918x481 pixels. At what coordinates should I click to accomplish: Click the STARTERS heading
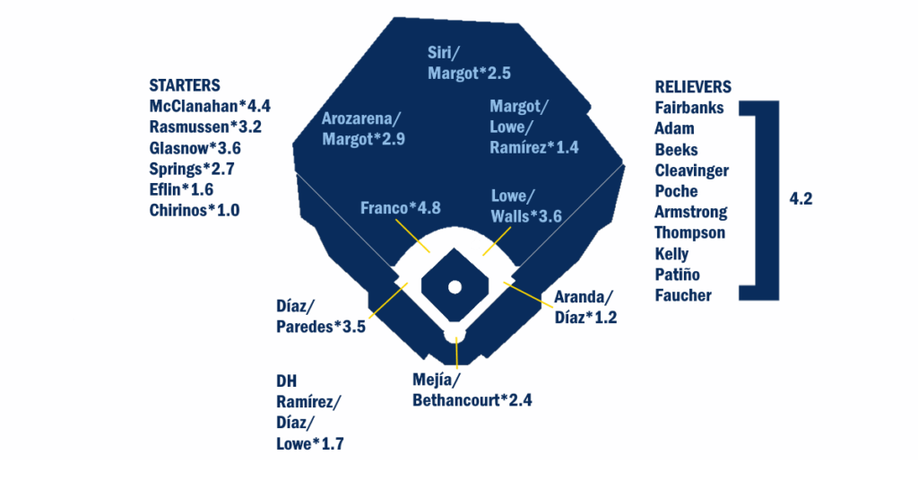click(x=185, y=85)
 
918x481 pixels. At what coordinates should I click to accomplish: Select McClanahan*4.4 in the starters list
click(x=210, y=106)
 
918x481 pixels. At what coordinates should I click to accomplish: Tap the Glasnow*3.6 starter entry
click(x=195, y=148)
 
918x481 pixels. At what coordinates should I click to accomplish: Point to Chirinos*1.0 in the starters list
click(x=195, y=210)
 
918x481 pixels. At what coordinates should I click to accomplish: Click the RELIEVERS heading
click(x=693, y=87)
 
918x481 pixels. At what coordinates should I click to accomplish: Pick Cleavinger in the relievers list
click(x=691, y=171)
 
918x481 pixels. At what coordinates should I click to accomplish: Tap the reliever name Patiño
click(x=677, y=275)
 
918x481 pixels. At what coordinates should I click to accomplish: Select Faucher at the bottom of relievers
click(x=683, y=295)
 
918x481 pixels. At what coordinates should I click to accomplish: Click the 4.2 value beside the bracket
click(x=801, y=198)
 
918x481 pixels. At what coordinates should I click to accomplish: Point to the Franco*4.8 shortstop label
click(x=401, y=208)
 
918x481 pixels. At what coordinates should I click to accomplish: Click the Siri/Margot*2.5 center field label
click(x=469, y=63)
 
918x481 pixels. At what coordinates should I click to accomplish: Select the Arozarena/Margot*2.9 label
click(x=363, y=129)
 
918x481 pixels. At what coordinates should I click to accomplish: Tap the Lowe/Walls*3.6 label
click(x=526, y=206)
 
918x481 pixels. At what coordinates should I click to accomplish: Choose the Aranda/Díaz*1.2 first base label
click(x=585, y=307)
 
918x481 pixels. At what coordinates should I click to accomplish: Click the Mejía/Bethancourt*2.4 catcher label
click(x=472, y=390)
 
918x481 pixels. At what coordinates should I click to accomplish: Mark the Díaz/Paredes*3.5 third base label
click(x=321, y=317)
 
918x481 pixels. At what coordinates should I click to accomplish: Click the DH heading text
click(x=286, y=381)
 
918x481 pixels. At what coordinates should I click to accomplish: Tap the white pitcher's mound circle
click(x=455, y=287)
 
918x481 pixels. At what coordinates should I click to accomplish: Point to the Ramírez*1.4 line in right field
click(x=534, y=148)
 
